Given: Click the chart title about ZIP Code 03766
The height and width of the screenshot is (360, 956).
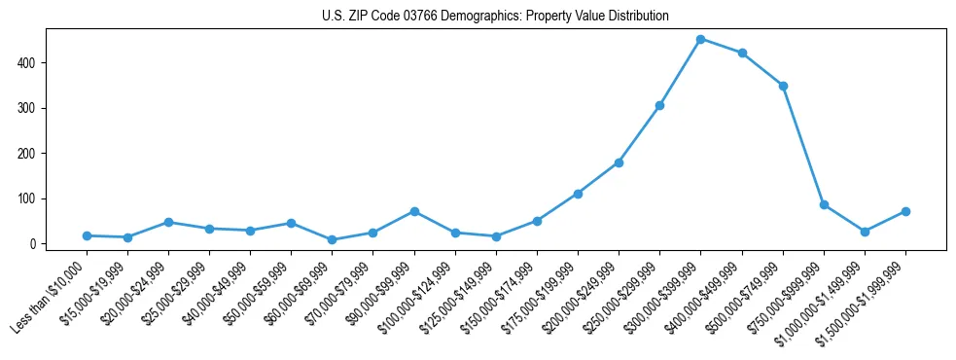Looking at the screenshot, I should click(x=495, y=17).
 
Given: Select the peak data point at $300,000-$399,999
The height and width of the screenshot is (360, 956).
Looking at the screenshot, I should click(x=701, y=39).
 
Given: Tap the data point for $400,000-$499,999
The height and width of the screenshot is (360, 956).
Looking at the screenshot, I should click(x=742, y=53).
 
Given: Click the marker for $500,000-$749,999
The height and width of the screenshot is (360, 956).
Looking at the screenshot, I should click(x=783, y=86).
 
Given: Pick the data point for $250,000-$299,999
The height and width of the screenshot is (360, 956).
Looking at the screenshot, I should click(x=660, y=105).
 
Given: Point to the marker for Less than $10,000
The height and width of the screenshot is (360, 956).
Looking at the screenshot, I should click(x=88, y=235).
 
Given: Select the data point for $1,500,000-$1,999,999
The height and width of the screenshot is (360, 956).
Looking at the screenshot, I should click(x=905, y=211).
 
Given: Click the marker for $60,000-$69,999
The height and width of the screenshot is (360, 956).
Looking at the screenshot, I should click(x=333, y=239).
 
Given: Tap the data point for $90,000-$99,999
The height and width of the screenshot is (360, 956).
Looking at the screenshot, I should click(x=414, y=211).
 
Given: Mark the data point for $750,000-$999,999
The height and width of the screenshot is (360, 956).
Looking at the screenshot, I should click(x=824, y=204).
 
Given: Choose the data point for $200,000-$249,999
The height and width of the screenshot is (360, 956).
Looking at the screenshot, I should click(x=619, y=162).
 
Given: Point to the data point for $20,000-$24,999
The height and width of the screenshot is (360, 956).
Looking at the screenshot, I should click(x=169, y=222).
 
